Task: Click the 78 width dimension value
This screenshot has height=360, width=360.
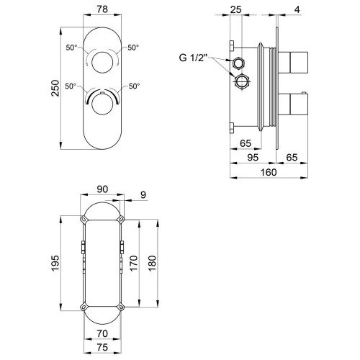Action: pyautogui.click(x=102, y=9)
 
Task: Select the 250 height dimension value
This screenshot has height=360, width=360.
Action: pyautogui.click(x=55, y=88)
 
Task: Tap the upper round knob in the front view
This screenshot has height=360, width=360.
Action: pyautogui.click(x=102, y=62)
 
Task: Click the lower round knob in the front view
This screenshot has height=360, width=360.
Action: pyautogui.click(x=102, y=104)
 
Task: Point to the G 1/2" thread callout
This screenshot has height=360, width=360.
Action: pyautogui.click(x=193, y=58)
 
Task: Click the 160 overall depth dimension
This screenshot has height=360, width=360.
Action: pyautogui.click(x=269, y=172)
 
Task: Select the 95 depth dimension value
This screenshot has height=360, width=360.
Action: pyautogui.click(x=253, y=158)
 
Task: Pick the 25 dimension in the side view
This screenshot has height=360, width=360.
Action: pyautogui.click(x=235, y=9)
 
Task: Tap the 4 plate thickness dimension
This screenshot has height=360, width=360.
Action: pyautogui.click(x=297, y=9)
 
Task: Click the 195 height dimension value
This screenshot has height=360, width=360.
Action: pyautogui.click(x=55, y=264)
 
